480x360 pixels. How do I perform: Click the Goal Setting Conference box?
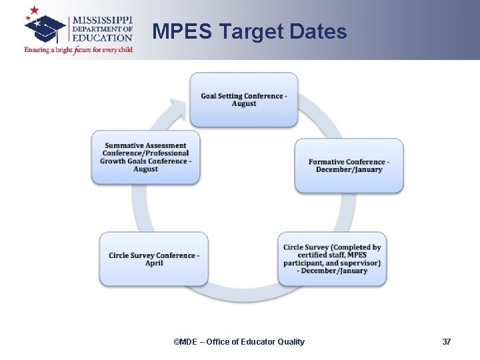[x=243, y=99]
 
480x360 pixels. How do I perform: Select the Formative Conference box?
[x=349, y=165]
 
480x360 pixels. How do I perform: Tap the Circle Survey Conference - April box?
[x=154, y=259]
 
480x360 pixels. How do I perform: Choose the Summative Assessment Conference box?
[x=145, y=157]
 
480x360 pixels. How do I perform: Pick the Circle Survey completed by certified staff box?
[x=332, y=259]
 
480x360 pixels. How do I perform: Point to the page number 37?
[x=447, y=342]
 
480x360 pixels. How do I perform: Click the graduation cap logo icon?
[x=45, y=28]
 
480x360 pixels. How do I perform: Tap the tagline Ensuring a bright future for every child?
[x=79, y=50]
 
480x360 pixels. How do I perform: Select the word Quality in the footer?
[x=290, y=342]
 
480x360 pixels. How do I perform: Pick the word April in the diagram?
[x=154, y=263]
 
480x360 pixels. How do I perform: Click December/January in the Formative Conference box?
[x=349, y=169]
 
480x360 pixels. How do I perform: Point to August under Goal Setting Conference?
[x=244, y=104]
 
